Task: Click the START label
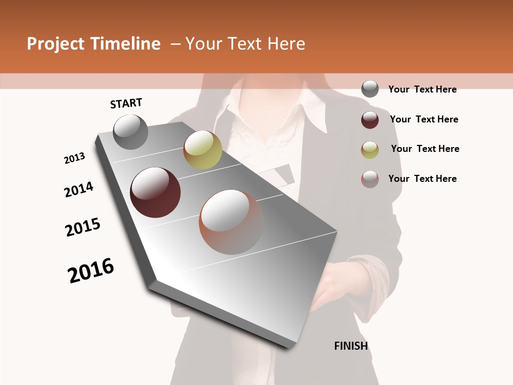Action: (126, 103)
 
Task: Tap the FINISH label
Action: (351, 346)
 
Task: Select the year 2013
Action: (74, 158)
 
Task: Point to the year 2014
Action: (79, 189)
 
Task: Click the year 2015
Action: (83, 227)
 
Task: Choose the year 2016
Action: (91, 270)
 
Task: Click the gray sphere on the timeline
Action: (131, 132)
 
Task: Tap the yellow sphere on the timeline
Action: (203, 150)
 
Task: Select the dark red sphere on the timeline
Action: (156, 192)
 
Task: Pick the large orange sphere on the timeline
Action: (231, 222)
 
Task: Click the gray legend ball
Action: (370, 89)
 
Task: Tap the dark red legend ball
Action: (370, 120)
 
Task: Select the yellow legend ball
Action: (370, 150)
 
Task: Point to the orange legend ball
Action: (370, 179)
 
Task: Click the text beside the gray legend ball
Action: (422, 89)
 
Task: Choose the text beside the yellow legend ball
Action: (425, 149)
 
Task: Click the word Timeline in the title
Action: (126, 44)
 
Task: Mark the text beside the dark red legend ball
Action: (424, 119)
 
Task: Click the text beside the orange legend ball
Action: (422, 179)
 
